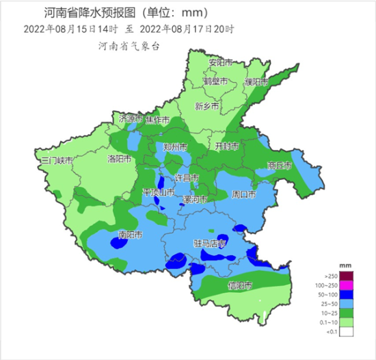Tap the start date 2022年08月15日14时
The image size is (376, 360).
[x=70, y=29]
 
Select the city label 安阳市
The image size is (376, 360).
[x=221, y=62]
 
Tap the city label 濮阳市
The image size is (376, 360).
[x=254, y=82]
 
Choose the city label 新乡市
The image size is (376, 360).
[x=206, y=107]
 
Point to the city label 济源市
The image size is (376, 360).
[x=131, y=119]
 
